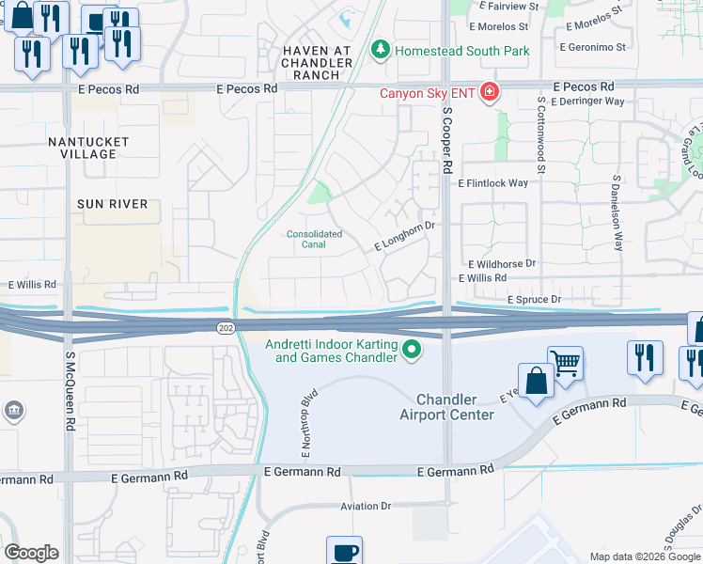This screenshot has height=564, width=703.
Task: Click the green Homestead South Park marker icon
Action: pyautogui.click(x=380, y=50)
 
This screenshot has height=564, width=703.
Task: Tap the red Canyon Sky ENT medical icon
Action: pyautogui.click(x=488, y=92)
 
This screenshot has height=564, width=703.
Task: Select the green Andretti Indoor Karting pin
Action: pyautogui.click(x=411, y=352)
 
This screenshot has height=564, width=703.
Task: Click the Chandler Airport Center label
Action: pyautogui.click(x=446, y=407)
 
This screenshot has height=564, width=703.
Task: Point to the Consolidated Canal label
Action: pyautogui.click(x=314, y=240)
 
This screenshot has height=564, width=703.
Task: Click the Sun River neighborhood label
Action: pyautogui.click(x=112, y=203)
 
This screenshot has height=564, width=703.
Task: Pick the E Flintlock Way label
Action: pyautogui.click(x=493, y=183)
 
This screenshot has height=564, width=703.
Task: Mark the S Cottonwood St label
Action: pyautogui.click(x=541, y=134)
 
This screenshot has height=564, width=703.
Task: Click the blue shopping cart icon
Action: pyautogui.click(x=565, y=362)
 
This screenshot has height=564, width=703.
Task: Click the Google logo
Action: pyautogui.click(x=31, y=553)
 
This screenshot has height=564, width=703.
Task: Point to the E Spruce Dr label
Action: pyautogui.click(x=534, y=299)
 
